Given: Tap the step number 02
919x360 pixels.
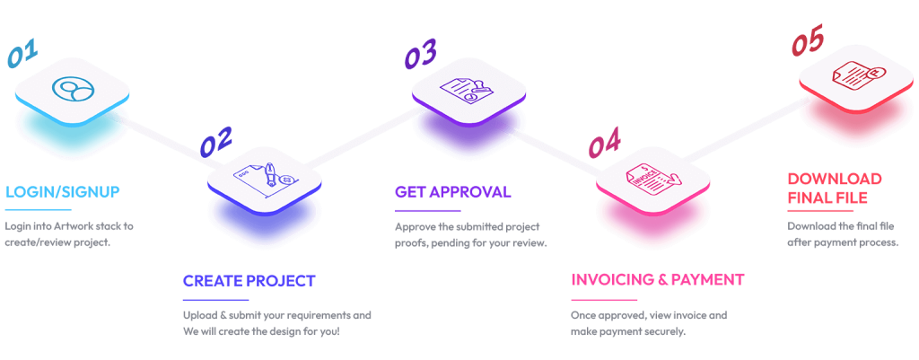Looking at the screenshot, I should tap(215, 141).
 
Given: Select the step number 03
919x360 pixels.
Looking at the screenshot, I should tap(420, 55).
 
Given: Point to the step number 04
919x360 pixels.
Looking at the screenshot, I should tap(604, 143).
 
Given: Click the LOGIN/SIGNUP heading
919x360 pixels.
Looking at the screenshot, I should tap(62, 192).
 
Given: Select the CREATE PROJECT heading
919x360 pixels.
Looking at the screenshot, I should tap(249, 281).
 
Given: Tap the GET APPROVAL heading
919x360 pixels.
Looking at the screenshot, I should tap(452, 192).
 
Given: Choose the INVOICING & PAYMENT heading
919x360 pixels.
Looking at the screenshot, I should tap(657, 279).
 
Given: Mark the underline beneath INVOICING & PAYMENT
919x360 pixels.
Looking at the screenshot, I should tap(604, 299).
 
